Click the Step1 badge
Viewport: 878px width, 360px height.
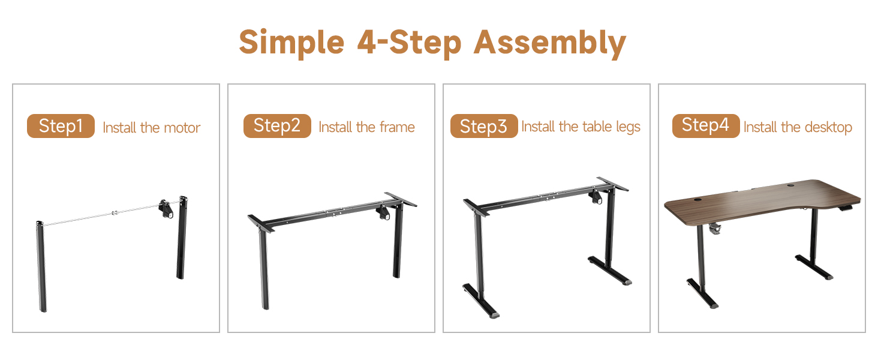(x=61, y=126)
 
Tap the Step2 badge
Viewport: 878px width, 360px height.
(x=277, y=126)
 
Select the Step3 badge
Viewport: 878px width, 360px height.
(x=484, y=126)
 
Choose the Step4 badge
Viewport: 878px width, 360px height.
(x=706, y=126)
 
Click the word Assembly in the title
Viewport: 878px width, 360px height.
(x=550, y=43)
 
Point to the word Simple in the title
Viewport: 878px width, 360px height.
(x=291, y=43)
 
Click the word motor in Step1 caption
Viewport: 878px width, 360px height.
(x=182, y=128)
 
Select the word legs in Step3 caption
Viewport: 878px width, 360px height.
(x=628, y=127)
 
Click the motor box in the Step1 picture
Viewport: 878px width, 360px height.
(x=166, y=209)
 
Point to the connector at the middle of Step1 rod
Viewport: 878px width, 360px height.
(x=115, y=214)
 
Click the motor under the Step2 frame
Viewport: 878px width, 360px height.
(x=383, y=213)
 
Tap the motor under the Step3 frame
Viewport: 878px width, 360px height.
(x=596, y=197)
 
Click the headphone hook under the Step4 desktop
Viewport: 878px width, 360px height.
(x=715, y=229)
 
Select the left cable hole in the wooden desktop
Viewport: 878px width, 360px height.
(x=697, y=200)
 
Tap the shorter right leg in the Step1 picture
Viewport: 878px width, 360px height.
(x=182, y=238)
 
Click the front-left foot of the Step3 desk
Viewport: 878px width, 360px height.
(x=481, y=301)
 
